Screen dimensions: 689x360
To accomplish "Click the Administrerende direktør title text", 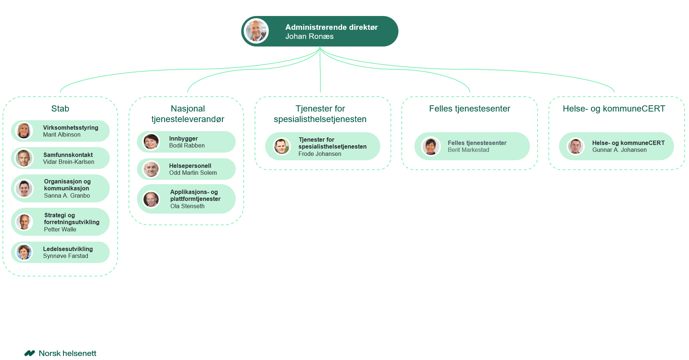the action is click(x=331, y=27).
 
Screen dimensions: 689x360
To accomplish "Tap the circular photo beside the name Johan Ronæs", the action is click(x=256, y=31).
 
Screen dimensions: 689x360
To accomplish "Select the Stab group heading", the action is click(x=60, y=109).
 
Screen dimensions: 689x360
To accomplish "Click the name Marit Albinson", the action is click(x=62, y=135).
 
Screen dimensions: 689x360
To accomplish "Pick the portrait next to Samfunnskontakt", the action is click(x=24, y=158).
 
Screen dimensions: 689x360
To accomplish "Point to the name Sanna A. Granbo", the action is click(x=67, y=196).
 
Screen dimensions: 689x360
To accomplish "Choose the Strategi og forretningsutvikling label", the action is click(x=72, y=219).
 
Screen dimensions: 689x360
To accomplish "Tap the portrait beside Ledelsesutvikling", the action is click(x=24, y=252).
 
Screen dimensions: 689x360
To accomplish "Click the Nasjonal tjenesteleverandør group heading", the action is click(x=188, y=114).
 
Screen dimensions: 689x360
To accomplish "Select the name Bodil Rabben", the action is click(x=187, y=146).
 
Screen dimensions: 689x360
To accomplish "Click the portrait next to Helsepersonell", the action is click(x=151, y=169).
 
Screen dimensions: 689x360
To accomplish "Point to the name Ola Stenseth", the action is click(x=187, y=206).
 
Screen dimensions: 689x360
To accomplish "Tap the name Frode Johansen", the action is click(x=320, y=154).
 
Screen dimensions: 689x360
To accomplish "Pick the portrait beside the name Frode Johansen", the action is click(x=281, y=146).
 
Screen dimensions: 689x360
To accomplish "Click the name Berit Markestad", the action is click(x=468, y=150).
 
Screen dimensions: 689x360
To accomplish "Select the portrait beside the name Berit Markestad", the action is click(x=430, y=146).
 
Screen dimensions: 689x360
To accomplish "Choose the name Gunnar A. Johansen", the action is click(x=619, y=150).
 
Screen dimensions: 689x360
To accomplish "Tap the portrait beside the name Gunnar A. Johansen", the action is click(x=575, y=146).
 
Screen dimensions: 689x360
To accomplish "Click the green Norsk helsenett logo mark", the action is click(x=29, y=353).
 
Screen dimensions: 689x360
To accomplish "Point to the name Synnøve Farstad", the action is click(x=65, y=256).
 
